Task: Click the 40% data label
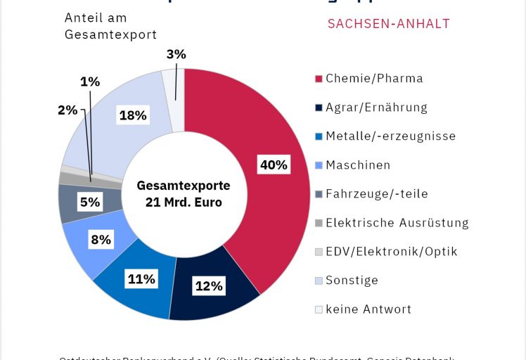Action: point(274,165)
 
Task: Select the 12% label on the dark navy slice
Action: point(209,285)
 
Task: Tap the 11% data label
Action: point(141,279)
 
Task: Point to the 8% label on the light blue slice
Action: point(101,240)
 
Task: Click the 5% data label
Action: point(90,202)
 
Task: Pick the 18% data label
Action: point(133,115)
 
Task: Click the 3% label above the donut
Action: point(177,54)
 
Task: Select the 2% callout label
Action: point(68,110)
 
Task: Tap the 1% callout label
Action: point(89,82)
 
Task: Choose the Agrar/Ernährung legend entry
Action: point(376,107)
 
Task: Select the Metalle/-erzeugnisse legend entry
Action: point(390,136)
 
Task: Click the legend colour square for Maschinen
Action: point(319,165)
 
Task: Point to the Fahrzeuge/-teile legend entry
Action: point(376,193)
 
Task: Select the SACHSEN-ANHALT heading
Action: point(389,24)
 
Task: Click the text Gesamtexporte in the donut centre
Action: point(184,186)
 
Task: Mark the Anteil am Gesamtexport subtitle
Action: point(110,26)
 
